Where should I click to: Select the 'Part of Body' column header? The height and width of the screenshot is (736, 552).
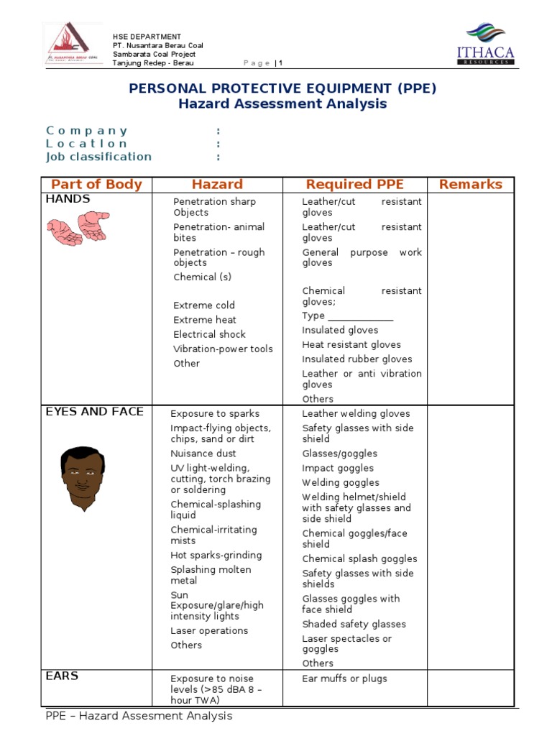96,185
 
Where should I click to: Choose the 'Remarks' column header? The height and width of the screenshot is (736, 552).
471,185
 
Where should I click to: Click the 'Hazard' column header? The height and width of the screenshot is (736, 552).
217,185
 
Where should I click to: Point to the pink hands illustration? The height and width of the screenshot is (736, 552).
78,229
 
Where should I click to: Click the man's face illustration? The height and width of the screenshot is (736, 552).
81,478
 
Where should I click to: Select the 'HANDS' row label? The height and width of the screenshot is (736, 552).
68,199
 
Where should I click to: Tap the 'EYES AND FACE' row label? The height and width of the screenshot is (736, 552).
94,412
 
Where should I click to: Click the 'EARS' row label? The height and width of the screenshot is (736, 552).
62,676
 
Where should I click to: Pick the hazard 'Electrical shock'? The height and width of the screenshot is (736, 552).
209,334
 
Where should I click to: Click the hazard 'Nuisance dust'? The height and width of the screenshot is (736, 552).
203,454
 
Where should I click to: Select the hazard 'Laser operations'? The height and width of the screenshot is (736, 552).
209,631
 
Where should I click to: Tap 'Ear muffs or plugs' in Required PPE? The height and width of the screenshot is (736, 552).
344,678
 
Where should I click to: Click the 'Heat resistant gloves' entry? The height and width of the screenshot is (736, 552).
351,345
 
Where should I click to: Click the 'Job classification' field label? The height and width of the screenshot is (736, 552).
98,157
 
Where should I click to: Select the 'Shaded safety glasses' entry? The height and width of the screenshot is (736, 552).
354,625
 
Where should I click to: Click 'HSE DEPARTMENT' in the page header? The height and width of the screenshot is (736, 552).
147,37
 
